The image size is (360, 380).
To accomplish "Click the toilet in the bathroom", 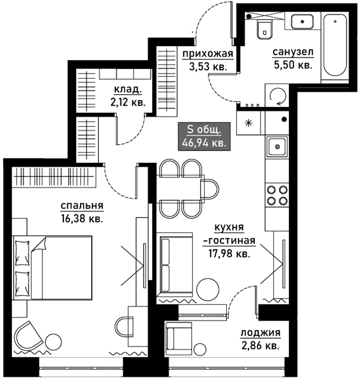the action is (x=264, y=30).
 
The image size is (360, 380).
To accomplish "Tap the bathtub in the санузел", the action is (x=335, y=45).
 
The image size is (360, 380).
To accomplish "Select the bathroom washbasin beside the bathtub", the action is (x=302, y=22).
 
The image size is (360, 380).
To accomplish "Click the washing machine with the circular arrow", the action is (x=277, y=96).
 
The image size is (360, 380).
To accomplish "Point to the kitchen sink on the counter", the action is (x=277, y=146).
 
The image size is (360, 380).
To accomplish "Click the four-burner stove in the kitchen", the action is (x=277, y=195).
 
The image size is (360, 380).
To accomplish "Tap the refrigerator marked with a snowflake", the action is (x=248, y=123).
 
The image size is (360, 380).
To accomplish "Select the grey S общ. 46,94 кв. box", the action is (x=204, y=136).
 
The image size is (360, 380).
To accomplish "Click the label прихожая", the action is (x=208, y=54).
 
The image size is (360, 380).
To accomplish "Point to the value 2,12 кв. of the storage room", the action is (x=128, y=103).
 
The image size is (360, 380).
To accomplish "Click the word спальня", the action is (x=82, y=206).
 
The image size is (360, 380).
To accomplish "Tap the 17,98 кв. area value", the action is (x=229, y=253).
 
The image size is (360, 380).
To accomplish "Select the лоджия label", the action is (x=260, y=333).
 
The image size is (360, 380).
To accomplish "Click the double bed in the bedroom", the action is (x=53, y=267).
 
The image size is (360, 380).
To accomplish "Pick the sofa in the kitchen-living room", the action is (x=175, y=265).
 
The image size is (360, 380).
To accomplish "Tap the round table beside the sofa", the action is (x=208, y=289).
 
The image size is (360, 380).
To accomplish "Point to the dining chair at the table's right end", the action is (x=210, y=189).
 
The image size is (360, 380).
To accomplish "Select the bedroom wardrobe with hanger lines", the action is (x=54, y=177).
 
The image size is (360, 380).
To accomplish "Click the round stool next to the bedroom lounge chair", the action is (x=53, y=343).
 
